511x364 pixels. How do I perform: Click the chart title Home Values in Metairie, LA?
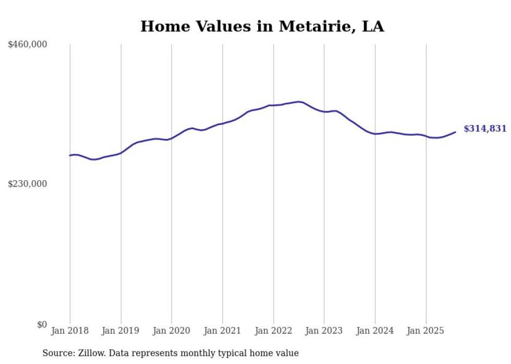pyautogui.click(x=262, y=27)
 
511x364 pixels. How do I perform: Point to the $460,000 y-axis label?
pyautogui.click(x=28, y=45)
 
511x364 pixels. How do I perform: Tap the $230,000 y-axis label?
pyautogui.click(x=28, y=184)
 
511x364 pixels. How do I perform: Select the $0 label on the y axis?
pyautogui.click(x=42, y=324)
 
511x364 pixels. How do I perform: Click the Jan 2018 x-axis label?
pyautogui.click(x=70, y=331)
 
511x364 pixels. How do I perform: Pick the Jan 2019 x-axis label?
pyautogui.click(x=121, y=331)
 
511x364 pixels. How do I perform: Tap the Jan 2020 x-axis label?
pyautogui.click(x=172, y=331)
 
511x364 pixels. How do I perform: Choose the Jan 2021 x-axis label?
pyautogui.click(x=223, y=331)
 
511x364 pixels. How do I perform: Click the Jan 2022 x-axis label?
pyautogui.click(x=273, y=331)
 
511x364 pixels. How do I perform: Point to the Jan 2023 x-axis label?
pyautogui.click(x=324, y=331)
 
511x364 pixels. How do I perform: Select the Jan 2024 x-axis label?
pyautogui.click(x=375, y=331)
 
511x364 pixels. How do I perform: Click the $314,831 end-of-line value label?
pyautogui.click(x=485, y=129)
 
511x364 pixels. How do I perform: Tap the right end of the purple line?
pyautogui.click(x=455, y=132)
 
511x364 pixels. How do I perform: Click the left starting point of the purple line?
pyautogui.click(x=70, y=155)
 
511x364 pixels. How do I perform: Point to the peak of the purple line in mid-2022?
pyautogui.click(x=299, y=102)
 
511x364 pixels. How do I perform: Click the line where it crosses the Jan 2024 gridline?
pyautogui.click(x=375, y=134)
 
